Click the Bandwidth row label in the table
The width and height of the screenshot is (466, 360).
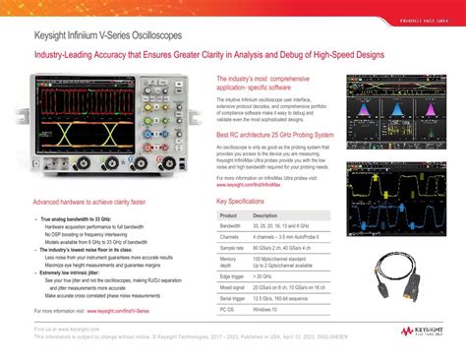(x=231, y=225)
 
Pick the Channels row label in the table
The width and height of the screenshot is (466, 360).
(x=230, y=237)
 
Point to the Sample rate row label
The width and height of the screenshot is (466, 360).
(x=233, y=249)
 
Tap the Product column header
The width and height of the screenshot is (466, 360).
(x=229, y=214)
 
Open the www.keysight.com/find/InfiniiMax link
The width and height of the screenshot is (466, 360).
(x=258, y=183)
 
